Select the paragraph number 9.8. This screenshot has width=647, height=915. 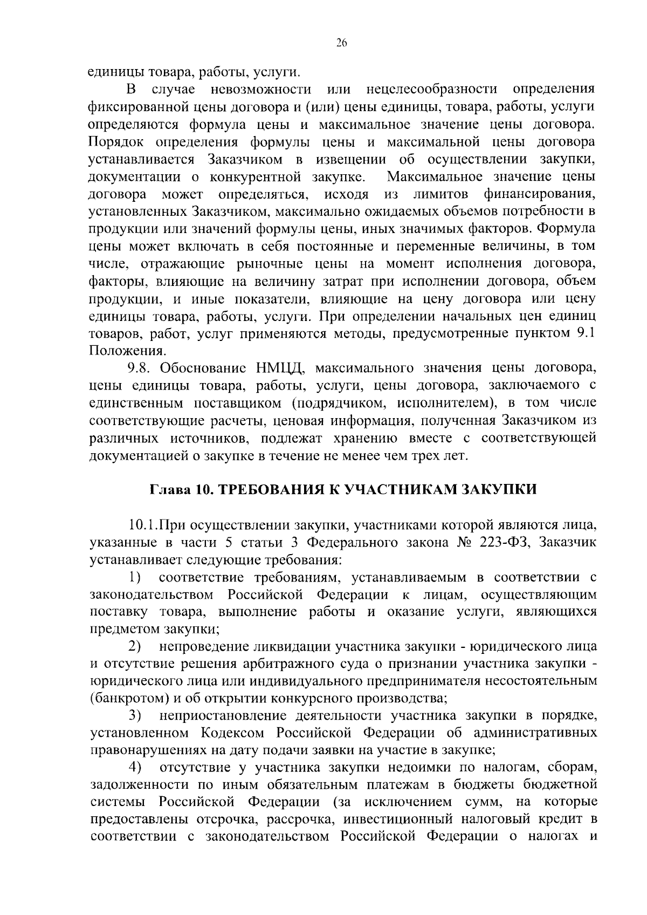(141, 368)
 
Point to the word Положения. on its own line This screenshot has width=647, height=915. (118, 351)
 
